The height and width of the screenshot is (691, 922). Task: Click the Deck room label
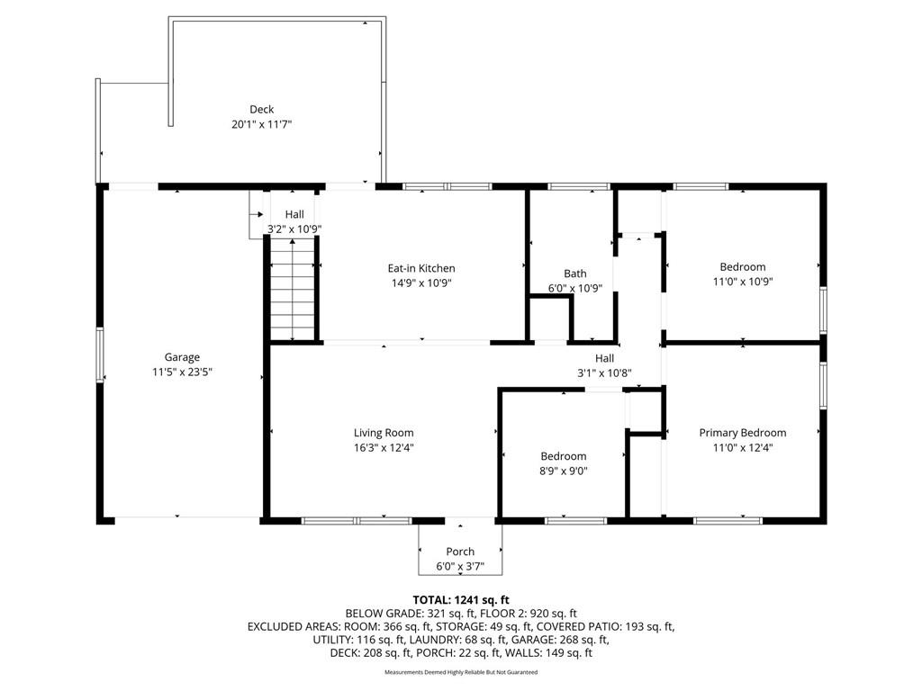(262, 109)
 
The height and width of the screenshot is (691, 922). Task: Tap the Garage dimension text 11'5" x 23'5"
(182, 372)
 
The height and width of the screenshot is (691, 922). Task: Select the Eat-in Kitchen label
(421, 268)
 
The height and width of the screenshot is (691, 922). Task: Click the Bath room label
(575, 274)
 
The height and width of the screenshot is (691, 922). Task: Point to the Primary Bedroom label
(743, 433)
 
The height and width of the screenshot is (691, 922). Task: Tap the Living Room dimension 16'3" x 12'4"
(384, 448)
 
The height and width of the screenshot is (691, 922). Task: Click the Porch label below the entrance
(460, 552)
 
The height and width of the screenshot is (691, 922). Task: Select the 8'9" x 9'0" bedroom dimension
(564, 471)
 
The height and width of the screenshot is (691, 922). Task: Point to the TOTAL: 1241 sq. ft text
(461, 600)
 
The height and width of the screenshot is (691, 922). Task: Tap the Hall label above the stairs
(294, 214)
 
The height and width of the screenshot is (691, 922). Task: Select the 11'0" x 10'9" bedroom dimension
(743, 282)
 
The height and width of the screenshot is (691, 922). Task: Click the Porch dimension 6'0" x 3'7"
(460, 567)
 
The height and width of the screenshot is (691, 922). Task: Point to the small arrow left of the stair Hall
(257, 214)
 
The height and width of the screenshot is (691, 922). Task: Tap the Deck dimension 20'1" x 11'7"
(262, 124)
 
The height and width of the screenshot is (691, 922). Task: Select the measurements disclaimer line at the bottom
(461, 672)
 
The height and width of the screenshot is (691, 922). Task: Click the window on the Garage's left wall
(100, 354)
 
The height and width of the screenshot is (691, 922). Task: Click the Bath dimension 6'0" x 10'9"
(575, 289)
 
